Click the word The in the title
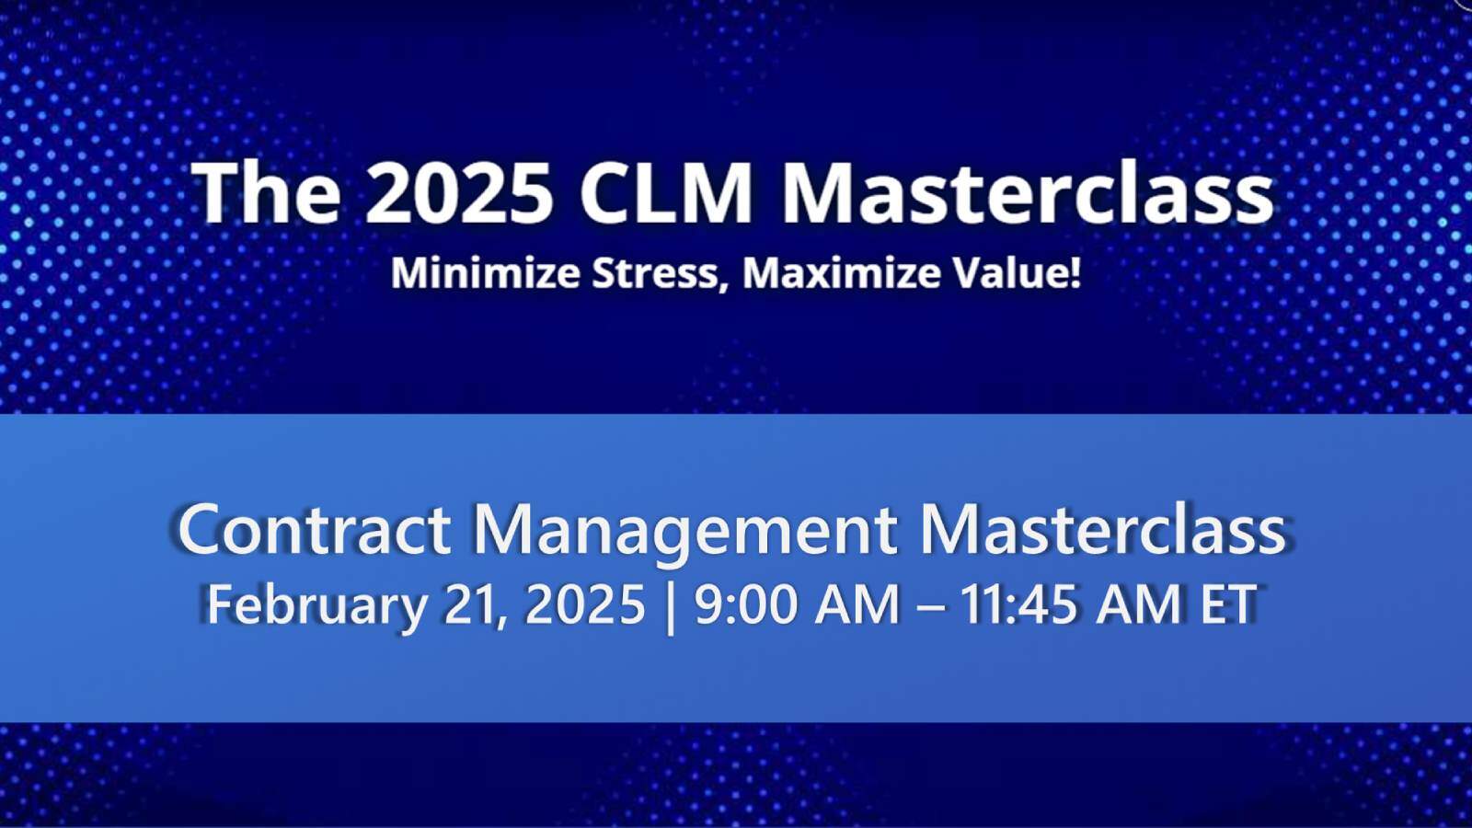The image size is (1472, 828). [x=266, y=193]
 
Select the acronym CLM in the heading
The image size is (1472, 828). [x=666, y=193]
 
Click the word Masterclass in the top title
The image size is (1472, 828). [x=1027, y=193]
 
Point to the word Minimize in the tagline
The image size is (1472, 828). [x=485, y=273]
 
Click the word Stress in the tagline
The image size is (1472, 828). [x=656, y=273]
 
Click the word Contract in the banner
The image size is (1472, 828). [x=314, y=529]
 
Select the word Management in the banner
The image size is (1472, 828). [x=684, y=531]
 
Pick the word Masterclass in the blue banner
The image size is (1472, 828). [x=1102, y=529]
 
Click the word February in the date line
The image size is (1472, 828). [x=316, y=605]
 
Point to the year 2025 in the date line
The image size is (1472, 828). [x=585, y=605]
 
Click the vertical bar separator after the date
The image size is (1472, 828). [x=670, y=605]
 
